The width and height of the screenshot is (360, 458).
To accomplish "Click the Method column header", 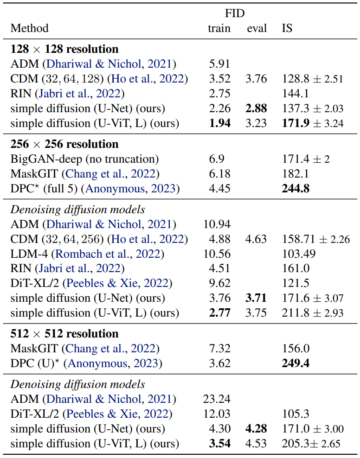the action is (x=30, y=28).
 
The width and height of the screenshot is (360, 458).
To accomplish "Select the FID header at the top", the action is (x=235, y=13).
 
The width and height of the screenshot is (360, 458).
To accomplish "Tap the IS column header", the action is (x=287, y=28).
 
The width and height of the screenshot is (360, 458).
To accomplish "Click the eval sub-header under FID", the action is (x=257, y=29).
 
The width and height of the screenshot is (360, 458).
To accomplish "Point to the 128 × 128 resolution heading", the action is (x=64, y=49).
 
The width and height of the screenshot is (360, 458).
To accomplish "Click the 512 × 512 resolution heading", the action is (x=64, y=334).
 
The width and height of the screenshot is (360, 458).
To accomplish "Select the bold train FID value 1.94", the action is (x=220, y=123).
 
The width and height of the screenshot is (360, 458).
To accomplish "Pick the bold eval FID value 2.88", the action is (x=256, y=108).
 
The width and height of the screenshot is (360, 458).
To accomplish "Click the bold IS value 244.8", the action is (x=296, y=189).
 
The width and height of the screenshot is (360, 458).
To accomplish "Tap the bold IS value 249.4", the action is (x=296, y=363).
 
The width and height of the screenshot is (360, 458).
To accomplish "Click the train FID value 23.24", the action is (x=217, y=399).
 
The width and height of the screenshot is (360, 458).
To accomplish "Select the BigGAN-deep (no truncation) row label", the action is (x=84, y=159).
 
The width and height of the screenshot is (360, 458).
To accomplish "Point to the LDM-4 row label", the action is (x=29, y=254).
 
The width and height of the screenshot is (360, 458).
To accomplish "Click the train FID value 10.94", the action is (x=217, y=224).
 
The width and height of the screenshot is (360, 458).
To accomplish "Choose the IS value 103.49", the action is (x=299, y=254).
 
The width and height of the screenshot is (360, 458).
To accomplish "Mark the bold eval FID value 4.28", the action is (x=256, y=429).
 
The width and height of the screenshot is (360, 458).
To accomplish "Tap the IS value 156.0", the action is (x=296, y=349).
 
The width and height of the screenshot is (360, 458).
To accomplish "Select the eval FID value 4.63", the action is (x=256, y=239).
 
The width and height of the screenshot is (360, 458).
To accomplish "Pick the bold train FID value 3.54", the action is (x=220, y=444).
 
